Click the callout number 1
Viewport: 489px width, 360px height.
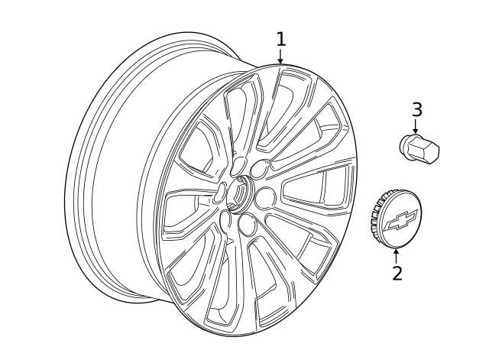[281, 39]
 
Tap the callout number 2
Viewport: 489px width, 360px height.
[397, 272]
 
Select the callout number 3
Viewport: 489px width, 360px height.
[416, 109]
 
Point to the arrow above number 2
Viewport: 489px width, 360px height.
[396, 254]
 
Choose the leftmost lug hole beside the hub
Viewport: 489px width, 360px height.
[220, 193]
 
